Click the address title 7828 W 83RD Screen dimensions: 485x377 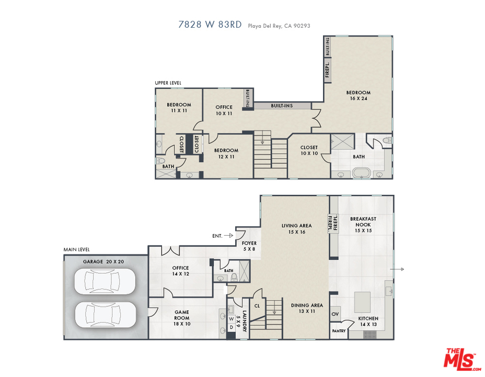[210, 25]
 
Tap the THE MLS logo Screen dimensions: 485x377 [462, 359]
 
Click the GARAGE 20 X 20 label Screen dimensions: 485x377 [103, 262]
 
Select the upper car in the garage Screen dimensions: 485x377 [105, 281]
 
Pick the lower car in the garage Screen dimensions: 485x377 [105, 314]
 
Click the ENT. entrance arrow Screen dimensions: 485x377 [228, 236]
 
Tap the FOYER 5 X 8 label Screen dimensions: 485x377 [249, 246]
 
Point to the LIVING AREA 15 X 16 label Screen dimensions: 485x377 [297, 229]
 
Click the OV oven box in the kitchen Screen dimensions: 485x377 [335, 314]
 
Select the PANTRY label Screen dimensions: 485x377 [339, 331]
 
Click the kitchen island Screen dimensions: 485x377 [362, 302]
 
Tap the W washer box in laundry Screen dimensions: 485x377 [232, 319]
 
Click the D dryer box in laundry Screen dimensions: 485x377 [232, 327]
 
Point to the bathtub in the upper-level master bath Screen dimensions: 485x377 [362, 173]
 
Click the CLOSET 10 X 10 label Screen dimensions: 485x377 [309, 150]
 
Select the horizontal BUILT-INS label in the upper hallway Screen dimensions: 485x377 [282, 106]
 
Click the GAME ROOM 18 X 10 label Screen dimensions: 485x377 [182, 318]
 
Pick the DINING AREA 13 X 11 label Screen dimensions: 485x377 [307, 308]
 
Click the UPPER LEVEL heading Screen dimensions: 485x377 [168, 83]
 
